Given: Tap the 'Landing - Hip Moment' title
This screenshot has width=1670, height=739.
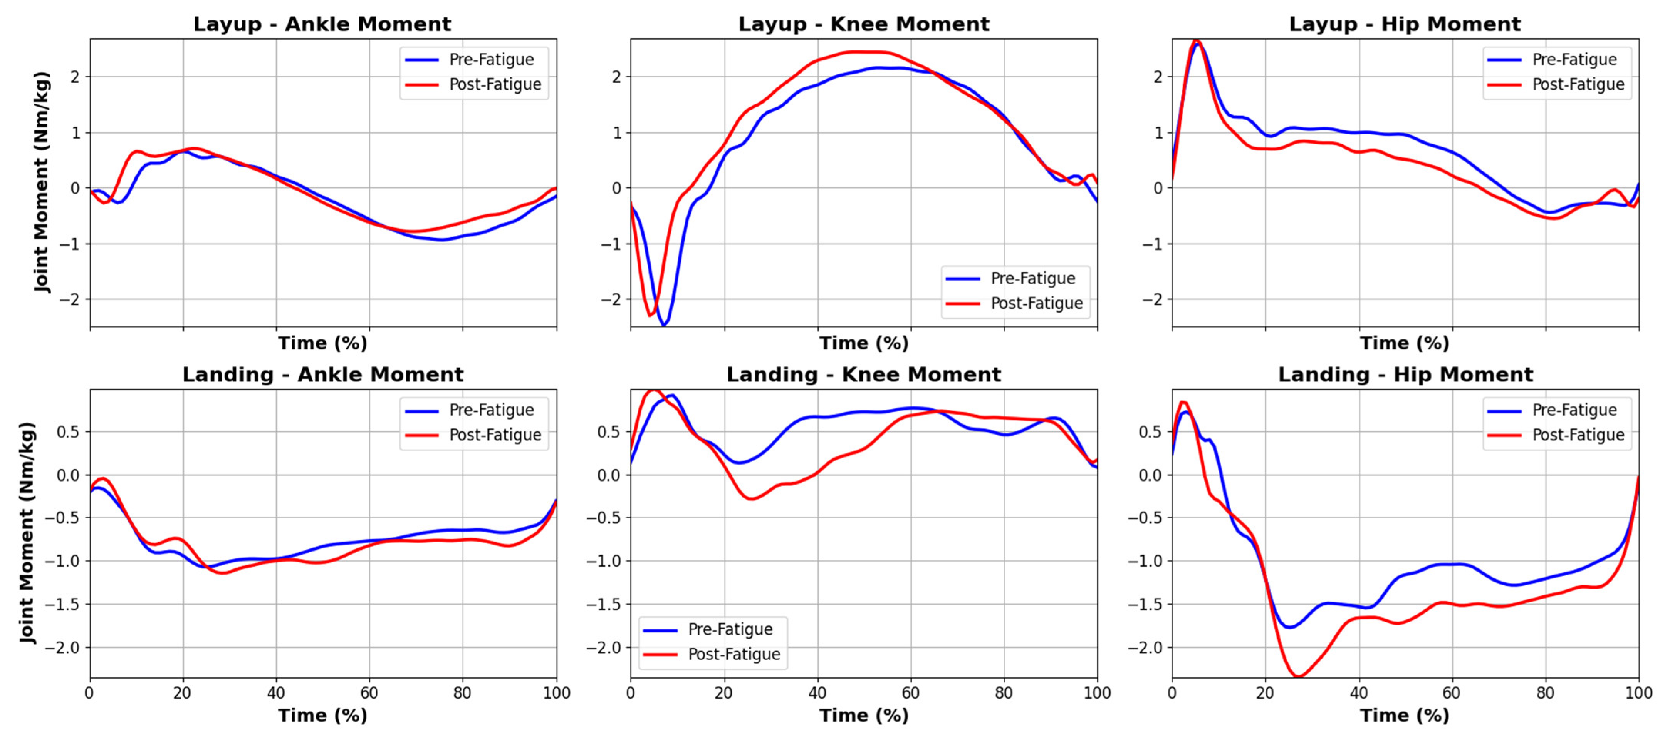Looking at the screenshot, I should click(1405, 375).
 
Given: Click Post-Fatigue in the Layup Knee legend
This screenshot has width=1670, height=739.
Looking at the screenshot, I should click(1036, 303).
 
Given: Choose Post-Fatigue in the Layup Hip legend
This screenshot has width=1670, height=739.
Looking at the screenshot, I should click(1577, 84).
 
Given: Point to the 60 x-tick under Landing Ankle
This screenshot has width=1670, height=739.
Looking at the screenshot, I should click(369, 693).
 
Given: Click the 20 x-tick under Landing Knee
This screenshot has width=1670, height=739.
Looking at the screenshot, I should click(723, 693).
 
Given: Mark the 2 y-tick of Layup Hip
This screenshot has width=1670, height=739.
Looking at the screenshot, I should click(1158, 77).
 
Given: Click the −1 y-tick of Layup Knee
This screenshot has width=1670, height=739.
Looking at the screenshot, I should click(611, 244).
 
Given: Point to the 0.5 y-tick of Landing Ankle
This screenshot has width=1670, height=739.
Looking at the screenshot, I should click(68, 432).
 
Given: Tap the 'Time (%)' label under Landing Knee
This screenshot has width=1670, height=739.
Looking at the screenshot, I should click(864, 715).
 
